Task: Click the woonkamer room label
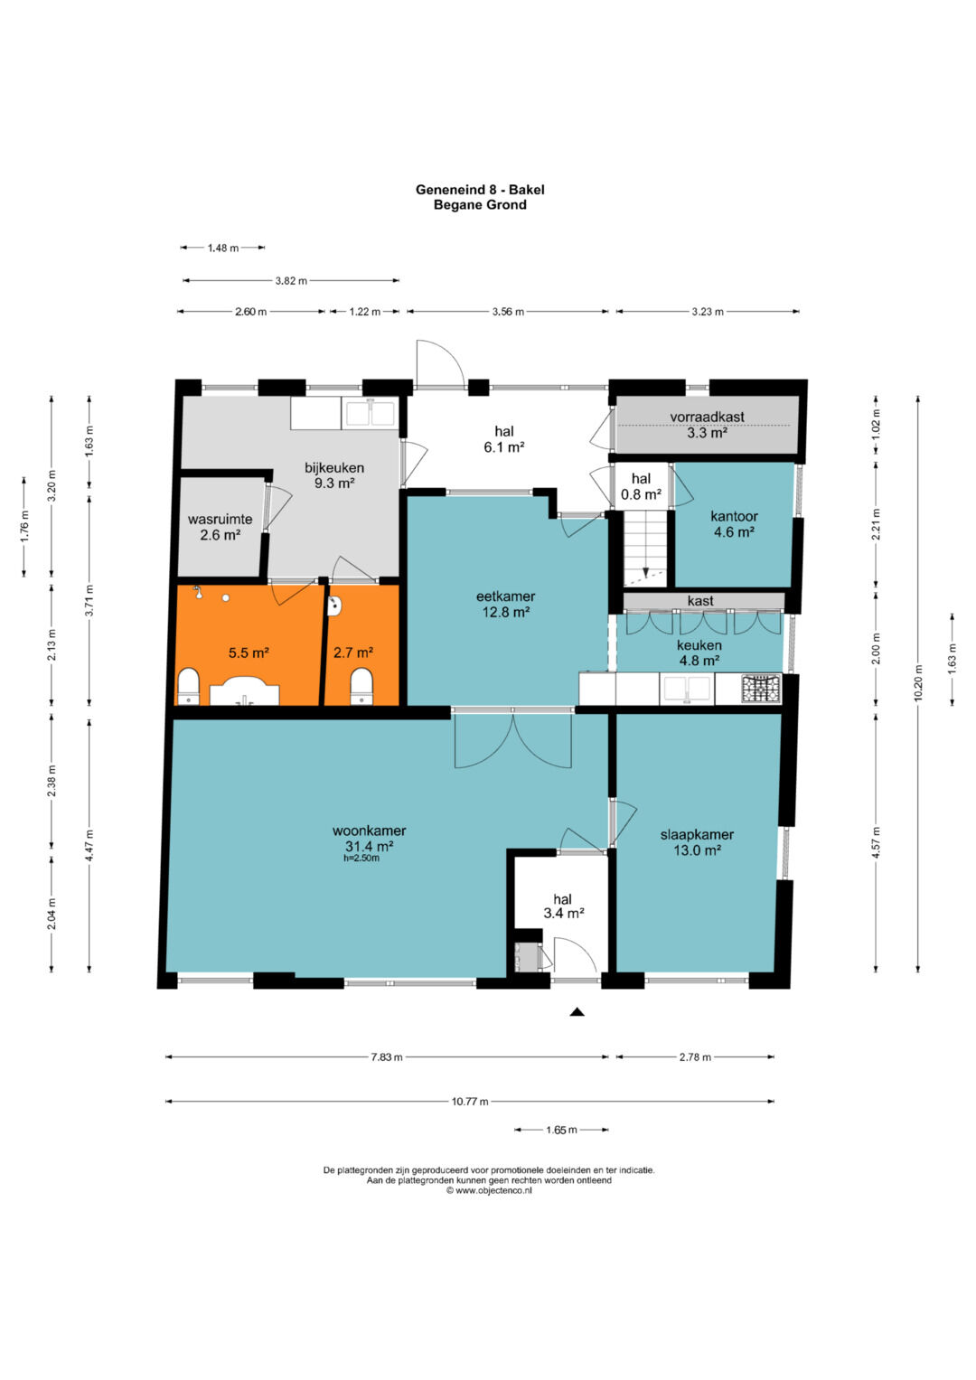[x=369, y=831]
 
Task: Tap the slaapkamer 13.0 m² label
[x=697, y=842]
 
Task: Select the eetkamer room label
[x=505, y=596]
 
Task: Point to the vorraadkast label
[x=707, y=417]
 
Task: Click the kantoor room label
[x=734, y=516]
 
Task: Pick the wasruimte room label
[x=220, y=520]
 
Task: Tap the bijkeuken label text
[x=334, y=467]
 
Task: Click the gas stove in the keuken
[x=761, y=689]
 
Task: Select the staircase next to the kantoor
[x=645, y=549]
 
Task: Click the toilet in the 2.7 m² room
[x=362, y=686]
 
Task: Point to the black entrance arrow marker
[x=577, y=1011]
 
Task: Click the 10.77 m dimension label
[x=470, y=1101]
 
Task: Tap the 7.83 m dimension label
[x=387, y=1056]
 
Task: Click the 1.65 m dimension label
[x=561, y=1130]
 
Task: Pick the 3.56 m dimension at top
[x=508, y=311]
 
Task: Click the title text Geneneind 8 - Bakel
[x=480, y=190]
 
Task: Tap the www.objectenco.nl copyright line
[x=489, y=1191]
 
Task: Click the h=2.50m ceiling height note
[x=361, y=858]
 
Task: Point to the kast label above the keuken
[x=700, y=600]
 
